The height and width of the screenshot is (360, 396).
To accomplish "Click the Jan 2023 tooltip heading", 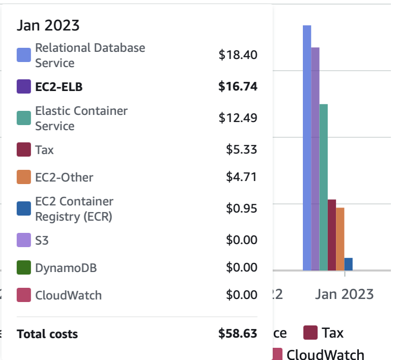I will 48,25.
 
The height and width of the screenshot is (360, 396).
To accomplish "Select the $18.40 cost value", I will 238,55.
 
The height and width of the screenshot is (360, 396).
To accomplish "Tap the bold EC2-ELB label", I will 59,87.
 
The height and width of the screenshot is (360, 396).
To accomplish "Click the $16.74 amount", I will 238,87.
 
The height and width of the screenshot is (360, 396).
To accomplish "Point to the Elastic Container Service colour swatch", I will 24,118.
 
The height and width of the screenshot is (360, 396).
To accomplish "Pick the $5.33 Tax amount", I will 242,150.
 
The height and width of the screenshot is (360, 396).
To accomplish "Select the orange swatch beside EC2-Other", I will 24,177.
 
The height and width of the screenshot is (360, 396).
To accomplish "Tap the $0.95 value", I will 242,208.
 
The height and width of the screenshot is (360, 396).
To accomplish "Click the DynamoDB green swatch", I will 24,267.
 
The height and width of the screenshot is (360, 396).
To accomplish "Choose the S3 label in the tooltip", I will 42,240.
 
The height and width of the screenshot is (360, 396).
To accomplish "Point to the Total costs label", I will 47,334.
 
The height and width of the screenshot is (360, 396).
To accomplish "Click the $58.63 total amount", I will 238,334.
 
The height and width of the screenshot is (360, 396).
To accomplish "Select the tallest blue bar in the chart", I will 306,147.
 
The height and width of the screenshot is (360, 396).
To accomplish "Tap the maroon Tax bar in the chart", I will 332,234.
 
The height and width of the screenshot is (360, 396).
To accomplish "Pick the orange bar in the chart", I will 340,238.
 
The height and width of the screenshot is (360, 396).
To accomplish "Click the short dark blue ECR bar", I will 348,264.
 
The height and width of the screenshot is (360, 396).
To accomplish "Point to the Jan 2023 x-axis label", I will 344,294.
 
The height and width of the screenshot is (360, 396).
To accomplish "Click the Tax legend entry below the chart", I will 324,333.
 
